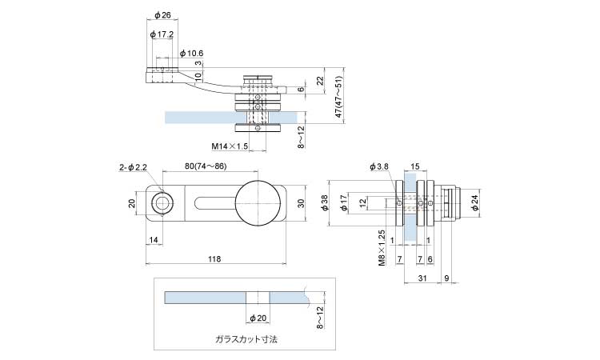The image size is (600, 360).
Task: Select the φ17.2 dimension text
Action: (x=162, y=34)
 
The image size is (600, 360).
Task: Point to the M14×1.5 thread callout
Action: (x=230, y=146)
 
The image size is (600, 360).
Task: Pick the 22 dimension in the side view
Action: (x=320, y=80)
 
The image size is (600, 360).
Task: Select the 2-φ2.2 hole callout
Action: (x=133, y=167)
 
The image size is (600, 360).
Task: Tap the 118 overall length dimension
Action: (x=214, y=258)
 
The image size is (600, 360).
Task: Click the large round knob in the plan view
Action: (x=258, y=204)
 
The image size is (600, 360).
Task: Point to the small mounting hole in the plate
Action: (x=162, y=204)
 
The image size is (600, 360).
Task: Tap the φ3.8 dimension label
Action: (x=378, y=166)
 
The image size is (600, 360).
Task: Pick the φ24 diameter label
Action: (x=474, y=204)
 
